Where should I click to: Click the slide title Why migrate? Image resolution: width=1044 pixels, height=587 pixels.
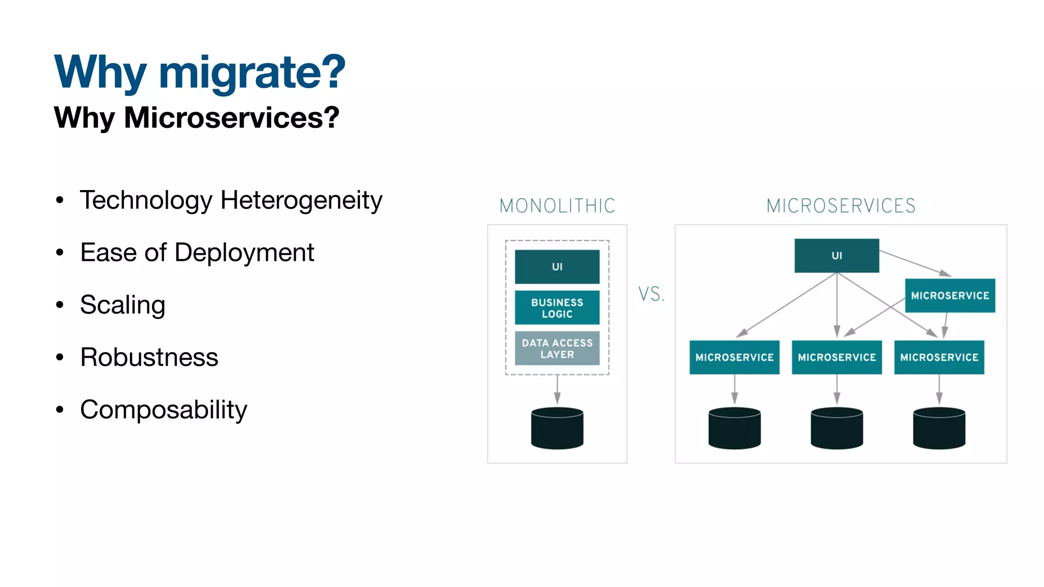tap(199, 72)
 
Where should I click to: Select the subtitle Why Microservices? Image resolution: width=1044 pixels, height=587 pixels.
tap(196, 118)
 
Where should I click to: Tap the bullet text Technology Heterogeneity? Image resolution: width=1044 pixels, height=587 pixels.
tap(231, 200)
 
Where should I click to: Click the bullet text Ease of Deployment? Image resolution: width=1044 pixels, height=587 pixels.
tap(197, 253)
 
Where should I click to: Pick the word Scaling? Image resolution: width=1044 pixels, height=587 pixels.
tap(122, 305)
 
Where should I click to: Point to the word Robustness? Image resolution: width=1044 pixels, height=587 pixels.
tap(149, 357)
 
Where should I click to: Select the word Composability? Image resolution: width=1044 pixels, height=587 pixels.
tap(163, 410)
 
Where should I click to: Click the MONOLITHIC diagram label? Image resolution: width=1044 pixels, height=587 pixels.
tap(557, 206)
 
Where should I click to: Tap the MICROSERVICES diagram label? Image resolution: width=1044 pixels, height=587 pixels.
tap(841, 206)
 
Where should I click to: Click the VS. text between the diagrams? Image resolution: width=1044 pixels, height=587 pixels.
tap(651, 294)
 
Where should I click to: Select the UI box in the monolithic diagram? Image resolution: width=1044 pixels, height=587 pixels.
tap(557, 266)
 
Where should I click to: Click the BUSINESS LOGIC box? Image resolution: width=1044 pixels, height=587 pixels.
tap(557, 308)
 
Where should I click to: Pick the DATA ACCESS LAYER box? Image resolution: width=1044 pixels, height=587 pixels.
tap(557, 349)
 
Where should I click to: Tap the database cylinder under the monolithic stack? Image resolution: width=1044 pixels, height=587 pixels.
tap(557, 428)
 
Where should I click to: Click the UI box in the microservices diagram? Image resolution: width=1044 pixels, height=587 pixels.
tap(837, 255)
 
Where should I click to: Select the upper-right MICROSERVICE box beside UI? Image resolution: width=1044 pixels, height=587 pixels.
tap(950, 296)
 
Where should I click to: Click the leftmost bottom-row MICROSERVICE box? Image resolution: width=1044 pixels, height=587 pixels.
tap(734, 357)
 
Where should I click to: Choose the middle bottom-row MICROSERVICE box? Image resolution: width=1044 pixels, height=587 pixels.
tap(837, 357)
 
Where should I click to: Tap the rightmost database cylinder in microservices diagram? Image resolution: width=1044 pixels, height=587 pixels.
tap(939, 428)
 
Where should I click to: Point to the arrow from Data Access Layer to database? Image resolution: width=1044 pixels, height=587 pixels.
tap(557, 390)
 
